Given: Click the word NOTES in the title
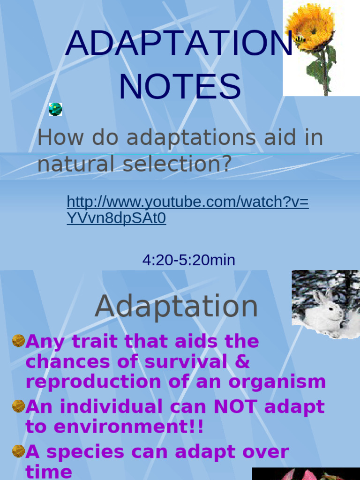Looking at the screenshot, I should pos(180,87).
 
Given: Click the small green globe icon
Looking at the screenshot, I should pos(55,109).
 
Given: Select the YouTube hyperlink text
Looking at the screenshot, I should pos(187,210).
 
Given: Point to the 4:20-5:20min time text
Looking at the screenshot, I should pos(188,260).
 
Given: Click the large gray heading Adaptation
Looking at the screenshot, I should pos(176,307).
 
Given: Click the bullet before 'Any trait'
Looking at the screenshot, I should pos(18,341).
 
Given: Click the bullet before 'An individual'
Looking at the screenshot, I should pos(18,405).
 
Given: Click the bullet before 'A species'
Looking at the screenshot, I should pos(18,451).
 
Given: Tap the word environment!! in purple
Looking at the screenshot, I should pos(128,427).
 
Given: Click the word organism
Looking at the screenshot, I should pos(277,382).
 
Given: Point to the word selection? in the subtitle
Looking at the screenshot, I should pos(177,164).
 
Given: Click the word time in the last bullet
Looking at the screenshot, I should pos(49,472).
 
